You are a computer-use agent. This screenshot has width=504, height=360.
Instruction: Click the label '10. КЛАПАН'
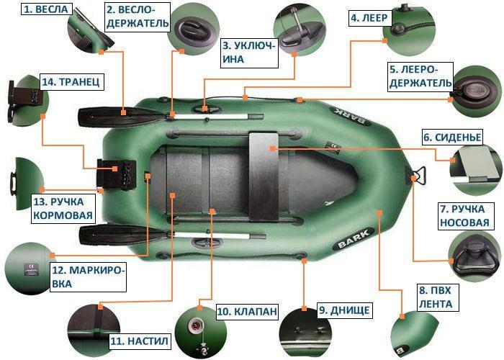click(x=246, y=312)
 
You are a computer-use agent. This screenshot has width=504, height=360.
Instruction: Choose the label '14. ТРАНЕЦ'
click(x=71, y=81)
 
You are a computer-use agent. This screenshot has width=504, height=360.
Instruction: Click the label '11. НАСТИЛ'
click(x=139, y=339)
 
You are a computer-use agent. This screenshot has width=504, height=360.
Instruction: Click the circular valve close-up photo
click(x=194, y=328)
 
